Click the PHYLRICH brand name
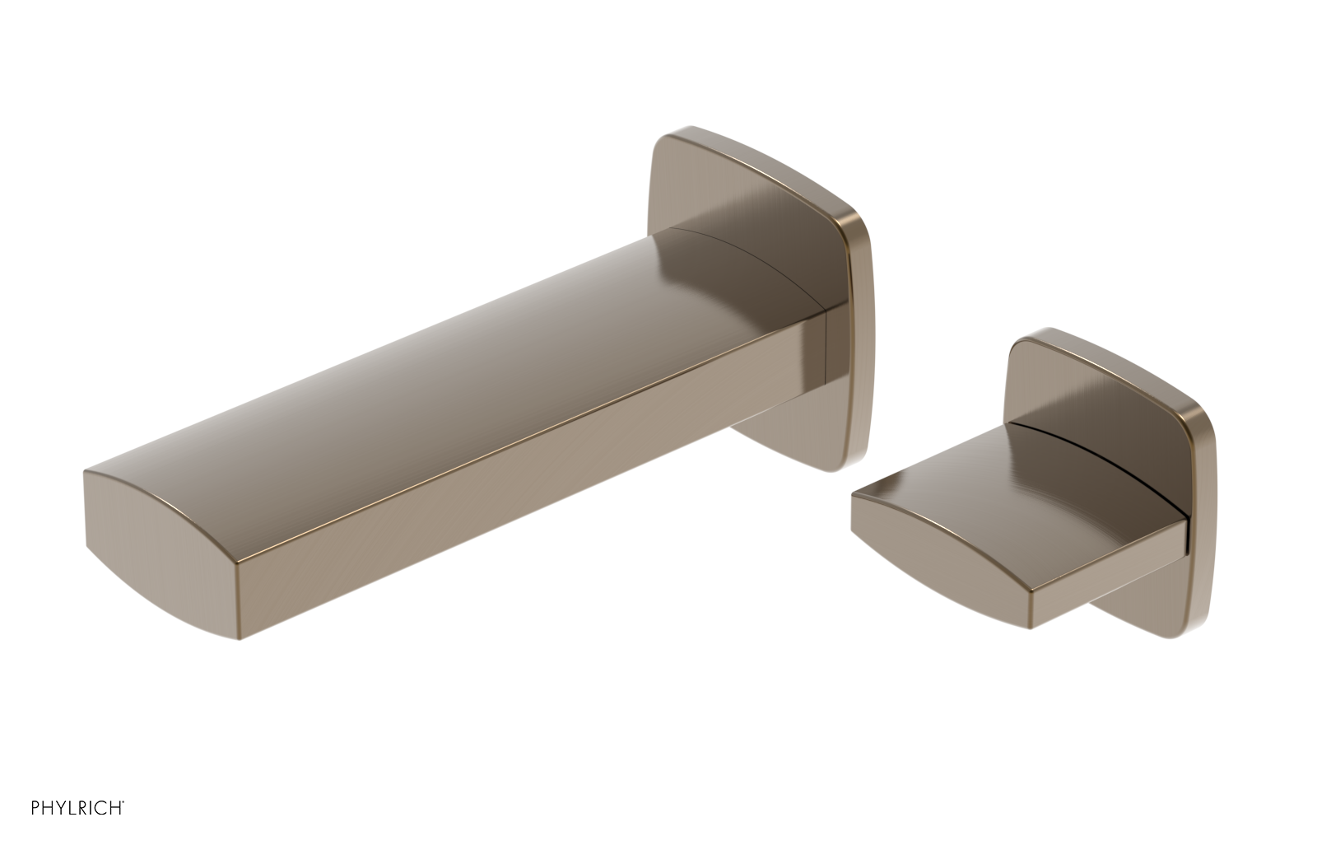pos(77,806)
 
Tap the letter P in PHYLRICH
pos(35,806)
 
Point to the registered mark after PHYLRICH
pos(124,801)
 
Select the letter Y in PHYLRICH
pos(62,806)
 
